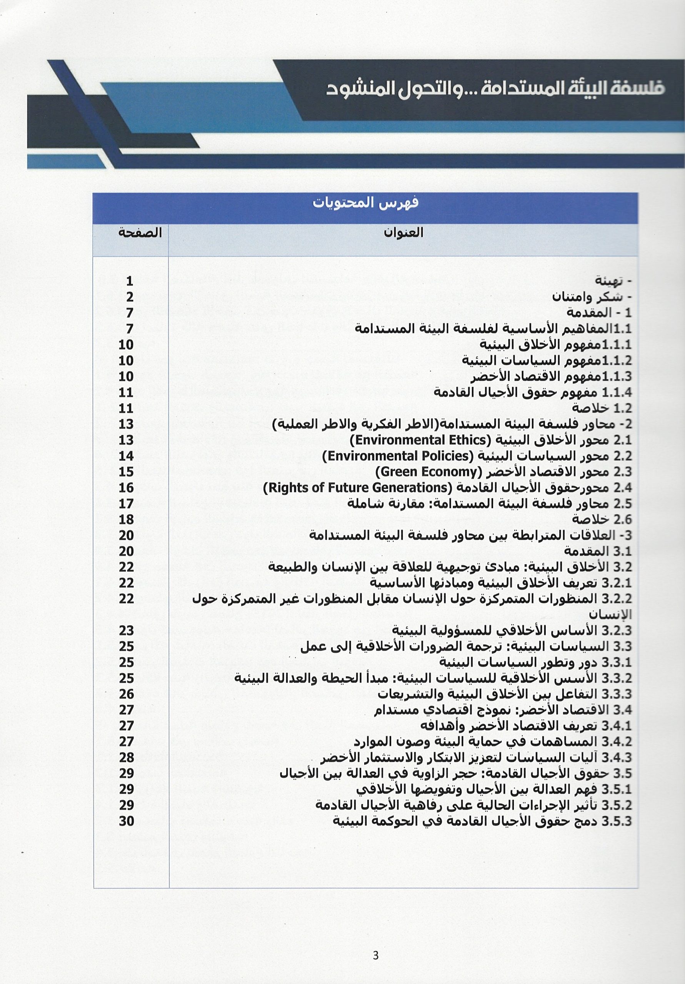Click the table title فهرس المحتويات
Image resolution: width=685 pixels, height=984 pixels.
365,203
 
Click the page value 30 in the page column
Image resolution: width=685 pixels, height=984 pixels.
127,821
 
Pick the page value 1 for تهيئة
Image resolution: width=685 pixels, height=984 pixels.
130,281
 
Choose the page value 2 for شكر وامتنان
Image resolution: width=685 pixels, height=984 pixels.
130,297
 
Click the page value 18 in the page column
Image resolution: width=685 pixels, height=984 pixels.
127,519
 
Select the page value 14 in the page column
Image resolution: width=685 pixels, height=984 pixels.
127,456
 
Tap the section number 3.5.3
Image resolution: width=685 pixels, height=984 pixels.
617,821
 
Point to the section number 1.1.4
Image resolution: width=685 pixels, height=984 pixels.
617,392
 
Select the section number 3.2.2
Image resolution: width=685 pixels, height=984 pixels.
617,599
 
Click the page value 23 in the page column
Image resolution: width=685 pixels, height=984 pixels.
127,630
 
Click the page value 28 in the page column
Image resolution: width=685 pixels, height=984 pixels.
127,757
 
